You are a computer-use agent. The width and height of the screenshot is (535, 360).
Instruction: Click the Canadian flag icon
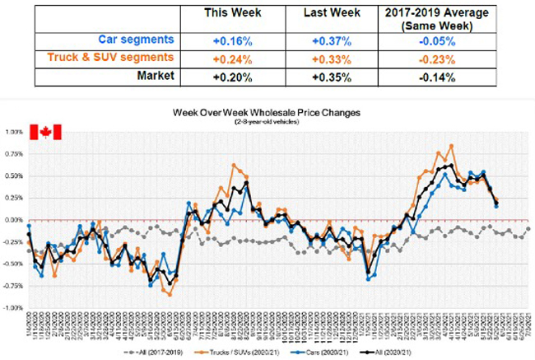(45, 133)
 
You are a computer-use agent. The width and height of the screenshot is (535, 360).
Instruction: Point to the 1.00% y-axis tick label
(14, 132)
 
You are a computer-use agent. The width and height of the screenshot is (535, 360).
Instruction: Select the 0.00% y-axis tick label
(14, 220)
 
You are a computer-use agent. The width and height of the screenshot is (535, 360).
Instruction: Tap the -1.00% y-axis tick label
(13, 308)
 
